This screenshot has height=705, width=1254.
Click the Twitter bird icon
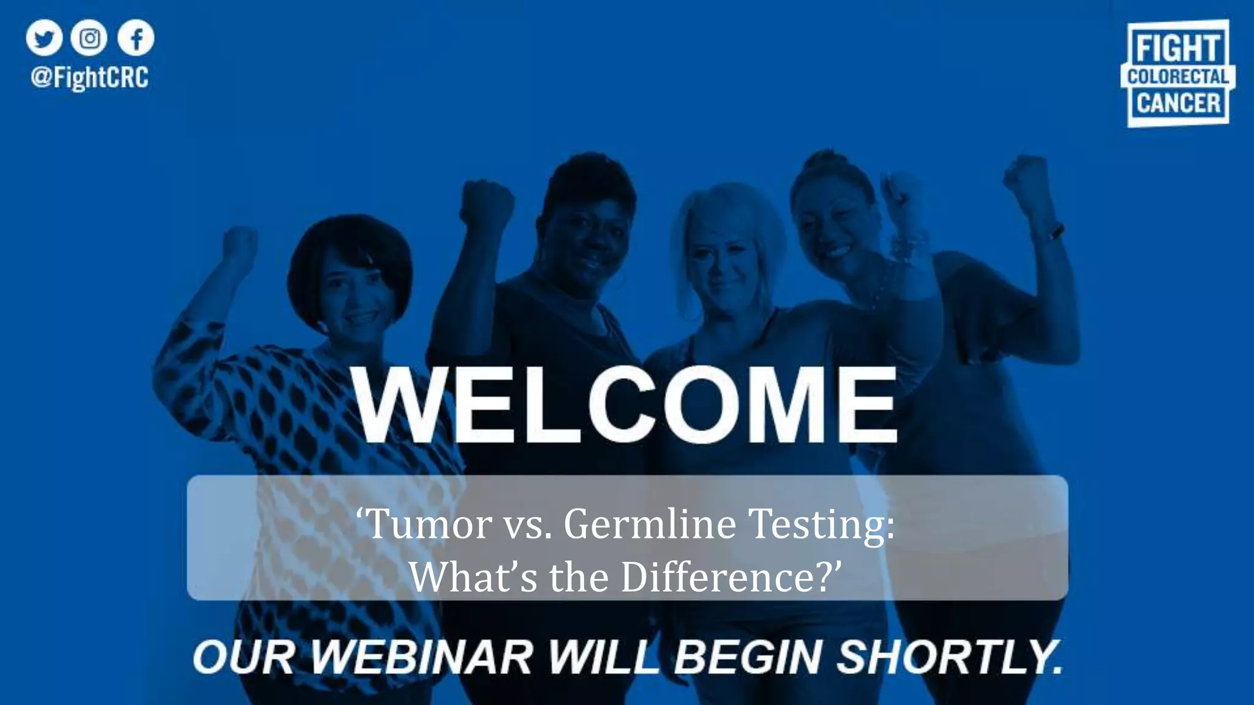tap(44, 38)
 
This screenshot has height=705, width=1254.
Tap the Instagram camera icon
tap(89, 38)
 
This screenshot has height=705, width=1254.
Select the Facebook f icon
tap(135, 38)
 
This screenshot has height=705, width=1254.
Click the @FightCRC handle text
tap(89, 78)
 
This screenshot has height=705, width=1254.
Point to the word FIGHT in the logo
tap(1177, 48)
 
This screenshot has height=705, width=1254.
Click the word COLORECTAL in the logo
tap(1177, 77)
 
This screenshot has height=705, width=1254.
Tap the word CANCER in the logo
tap(1177, 103)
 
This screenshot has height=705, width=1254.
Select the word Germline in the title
tap(650, 524)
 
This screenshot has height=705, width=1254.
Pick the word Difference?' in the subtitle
tap(732, 576)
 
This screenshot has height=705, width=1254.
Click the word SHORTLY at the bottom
tap(949, 657)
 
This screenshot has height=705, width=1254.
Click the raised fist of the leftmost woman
tap(239, 245)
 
